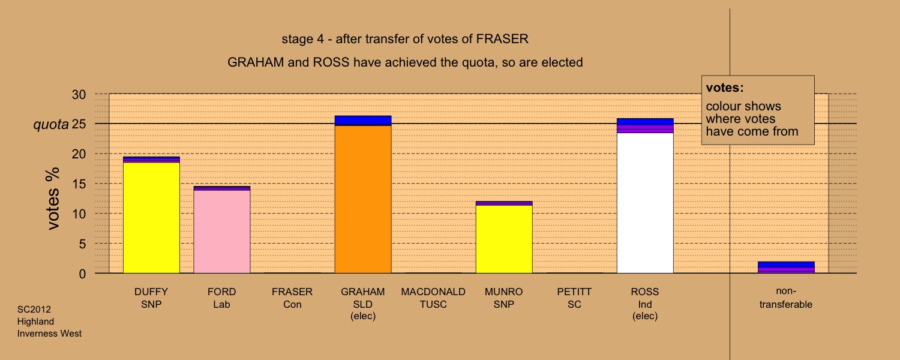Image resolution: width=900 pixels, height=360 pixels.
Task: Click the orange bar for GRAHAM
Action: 363,199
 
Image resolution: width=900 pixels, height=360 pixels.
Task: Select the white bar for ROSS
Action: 645,203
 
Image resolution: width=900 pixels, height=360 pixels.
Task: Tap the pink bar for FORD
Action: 222,232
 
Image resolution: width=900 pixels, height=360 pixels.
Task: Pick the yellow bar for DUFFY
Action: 151,218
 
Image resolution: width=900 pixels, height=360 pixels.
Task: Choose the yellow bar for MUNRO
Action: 504,239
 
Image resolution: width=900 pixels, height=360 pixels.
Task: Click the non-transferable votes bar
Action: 786,268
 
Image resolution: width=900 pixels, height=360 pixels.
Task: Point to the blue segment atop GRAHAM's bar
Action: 363,121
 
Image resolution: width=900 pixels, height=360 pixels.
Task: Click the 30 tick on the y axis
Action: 79,95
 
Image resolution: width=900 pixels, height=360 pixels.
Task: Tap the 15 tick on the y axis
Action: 79,184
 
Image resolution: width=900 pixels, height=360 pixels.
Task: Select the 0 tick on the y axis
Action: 82,274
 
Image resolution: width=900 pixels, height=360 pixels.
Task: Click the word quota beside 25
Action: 51,125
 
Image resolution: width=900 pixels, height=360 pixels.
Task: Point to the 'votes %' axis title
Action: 53,199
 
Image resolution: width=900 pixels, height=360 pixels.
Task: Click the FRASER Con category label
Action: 292,298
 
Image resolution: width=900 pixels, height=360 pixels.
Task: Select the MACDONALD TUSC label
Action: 433,298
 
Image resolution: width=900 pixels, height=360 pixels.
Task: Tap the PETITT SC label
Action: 574,298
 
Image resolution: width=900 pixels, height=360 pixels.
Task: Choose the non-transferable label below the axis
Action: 786,298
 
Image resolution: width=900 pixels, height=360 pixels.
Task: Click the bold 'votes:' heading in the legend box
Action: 725,88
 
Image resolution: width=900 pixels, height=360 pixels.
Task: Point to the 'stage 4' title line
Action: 405,39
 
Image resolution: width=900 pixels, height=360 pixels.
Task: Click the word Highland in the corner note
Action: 35,322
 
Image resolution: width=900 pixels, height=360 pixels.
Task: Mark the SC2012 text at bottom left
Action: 34,310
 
